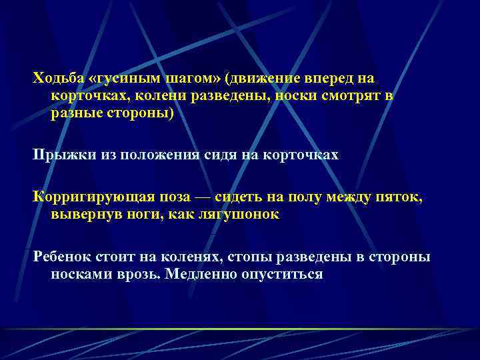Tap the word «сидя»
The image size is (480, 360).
click(220, 155)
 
